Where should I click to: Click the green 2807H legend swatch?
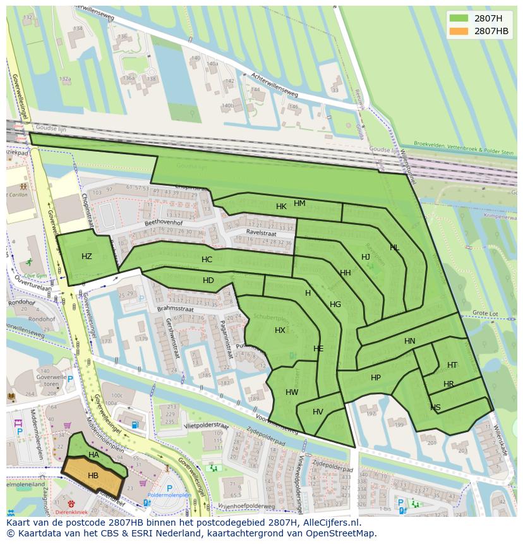tap(459, 18)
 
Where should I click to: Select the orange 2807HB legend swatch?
tap(459, 31)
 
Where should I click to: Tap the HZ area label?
tap(87, 256)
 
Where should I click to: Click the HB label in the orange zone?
tap(93, 475)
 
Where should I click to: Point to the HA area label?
tap(93, 455)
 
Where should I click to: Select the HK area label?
tap(281, 207)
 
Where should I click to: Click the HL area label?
tap(394, 248)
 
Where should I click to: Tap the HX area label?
tap(280, 330)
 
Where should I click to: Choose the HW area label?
tap(292, 392)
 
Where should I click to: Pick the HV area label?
tap(318, 412)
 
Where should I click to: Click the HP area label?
tap(376, 377)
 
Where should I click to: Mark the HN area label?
tap(410, 341)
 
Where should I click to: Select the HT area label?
tap(452, 365)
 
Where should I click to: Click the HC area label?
tap(207, 259)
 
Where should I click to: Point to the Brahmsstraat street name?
tap(175, 309)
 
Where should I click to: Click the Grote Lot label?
tap(486, 313)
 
